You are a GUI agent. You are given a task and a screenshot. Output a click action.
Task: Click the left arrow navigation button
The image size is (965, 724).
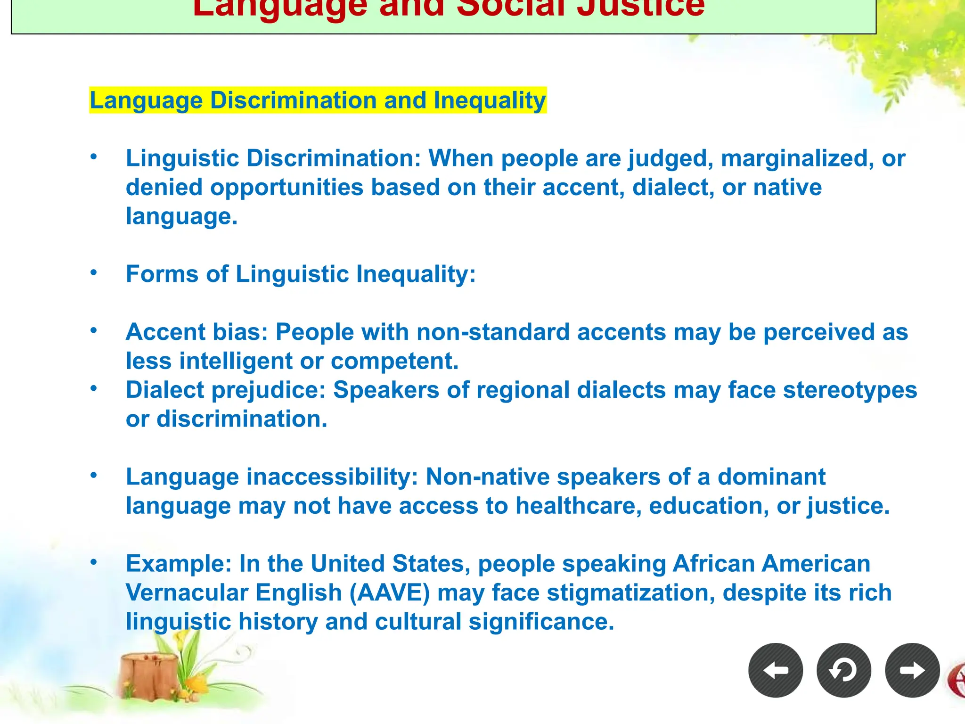pos(775,670)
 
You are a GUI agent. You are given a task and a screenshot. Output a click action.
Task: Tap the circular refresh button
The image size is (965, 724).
pos(843,670)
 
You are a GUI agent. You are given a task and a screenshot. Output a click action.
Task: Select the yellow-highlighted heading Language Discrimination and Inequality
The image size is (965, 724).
pos(318,100)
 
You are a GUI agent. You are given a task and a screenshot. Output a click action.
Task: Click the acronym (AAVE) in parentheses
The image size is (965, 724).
pos(390,592)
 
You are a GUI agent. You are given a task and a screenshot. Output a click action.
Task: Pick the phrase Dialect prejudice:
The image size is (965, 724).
pos(226,390)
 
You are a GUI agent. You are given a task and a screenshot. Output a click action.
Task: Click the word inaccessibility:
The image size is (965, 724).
pos(332,477)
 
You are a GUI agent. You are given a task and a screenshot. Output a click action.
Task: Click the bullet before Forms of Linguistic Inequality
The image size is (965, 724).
pos(94,272)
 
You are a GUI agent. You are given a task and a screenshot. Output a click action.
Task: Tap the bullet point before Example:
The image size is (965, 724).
pos(94,561)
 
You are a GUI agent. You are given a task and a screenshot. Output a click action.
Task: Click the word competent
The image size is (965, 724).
pos(394,361)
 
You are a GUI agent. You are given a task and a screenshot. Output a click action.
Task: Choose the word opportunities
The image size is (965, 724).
pos(286,187)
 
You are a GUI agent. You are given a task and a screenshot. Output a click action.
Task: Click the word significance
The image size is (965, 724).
pos(541,622)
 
